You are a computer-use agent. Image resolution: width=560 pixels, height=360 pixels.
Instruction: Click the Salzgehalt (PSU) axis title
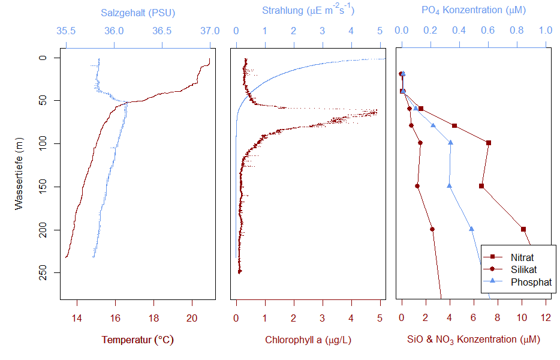tap(137, 13)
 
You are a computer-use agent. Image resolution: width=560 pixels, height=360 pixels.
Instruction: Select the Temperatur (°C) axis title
tap(137, 340)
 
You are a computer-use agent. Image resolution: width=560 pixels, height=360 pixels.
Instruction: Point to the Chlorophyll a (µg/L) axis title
tap(308, 340)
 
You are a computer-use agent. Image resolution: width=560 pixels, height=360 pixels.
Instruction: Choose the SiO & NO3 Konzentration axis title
tap(473, 340)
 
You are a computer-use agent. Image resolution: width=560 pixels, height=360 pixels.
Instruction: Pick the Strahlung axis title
tap(308, 10)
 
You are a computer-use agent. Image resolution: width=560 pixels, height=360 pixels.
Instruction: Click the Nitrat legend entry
tap(522, 257)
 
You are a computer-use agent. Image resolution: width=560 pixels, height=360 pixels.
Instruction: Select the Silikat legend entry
tap(523, 269)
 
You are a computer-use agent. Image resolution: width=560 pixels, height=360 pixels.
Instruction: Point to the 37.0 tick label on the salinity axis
tap(210, 31)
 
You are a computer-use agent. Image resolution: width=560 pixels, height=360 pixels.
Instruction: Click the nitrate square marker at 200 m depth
tap(523, 229)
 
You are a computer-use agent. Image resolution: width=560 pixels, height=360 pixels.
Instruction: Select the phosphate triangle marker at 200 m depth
tap(471, 229)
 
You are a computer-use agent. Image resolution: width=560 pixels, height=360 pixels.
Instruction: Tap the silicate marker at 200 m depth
tap(432, 229)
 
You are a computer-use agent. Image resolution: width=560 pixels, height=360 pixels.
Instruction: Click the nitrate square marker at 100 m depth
tap(489, 143)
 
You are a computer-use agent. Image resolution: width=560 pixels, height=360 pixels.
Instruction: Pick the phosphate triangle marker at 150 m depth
tap(449, 185)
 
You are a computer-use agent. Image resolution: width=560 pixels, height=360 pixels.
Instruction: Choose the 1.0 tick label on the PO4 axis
tap(546, 31)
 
